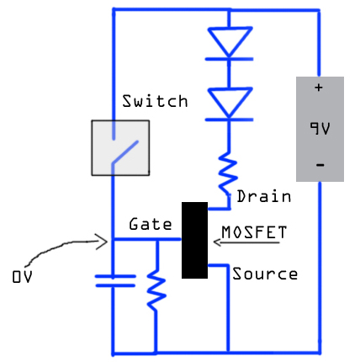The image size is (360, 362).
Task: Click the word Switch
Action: tap(155, 101)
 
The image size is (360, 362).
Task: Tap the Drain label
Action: tap(264, 196)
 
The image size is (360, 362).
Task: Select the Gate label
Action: tap(151, 224)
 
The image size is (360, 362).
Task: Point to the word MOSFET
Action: tap(254, 232)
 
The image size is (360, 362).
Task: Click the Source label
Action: tap(265, 274)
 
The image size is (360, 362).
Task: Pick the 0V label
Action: tap(22, 276)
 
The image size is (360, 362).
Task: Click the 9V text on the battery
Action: tap(320, 128)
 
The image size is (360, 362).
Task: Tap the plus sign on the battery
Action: tap(319, 88)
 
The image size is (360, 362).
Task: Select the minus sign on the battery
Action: tap(320, 165)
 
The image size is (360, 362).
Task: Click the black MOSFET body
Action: tap(194, 240)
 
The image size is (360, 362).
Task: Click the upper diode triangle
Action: tap(230, 41)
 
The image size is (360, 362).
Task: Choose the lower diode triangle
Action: tap(230, 102)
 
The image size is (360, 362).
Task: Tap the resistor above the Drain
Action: tap(228, 174)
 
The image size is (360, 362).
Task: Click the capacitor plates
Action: tap(115, 281)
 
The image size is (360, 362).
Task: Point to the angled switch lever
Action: tap(125, 152)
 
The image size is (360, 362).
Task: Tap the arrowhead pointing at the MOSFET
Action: tap(217, 242)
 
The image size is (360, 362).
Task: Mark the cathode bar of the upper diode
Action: tap(230, 59)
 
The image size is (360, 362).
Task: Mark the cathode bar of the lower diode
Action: tap(230, 120)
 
